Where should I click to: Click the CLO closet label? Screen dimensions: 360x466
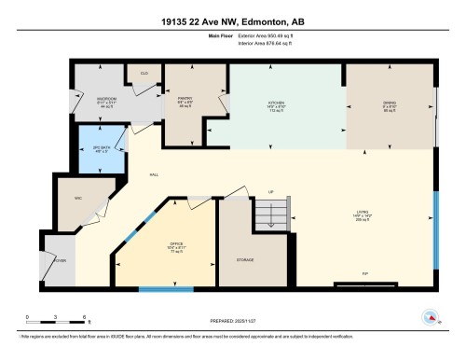pyautogui.click(x=144, y=73)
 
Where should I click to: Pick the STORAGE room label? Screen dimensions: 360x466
pyautogui.click(x=245, y=258)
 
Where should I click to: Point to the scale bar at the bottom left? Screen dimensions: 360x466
pyautogui.click(x=56, y=313)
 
